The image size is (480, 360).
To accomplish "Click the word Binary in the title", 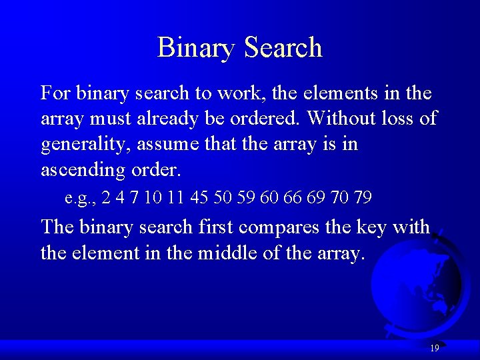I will [197, 48].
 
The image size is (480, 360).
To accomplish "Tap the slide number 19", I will [435, 348].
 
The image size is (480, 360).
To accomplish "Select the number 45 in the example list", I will [199, 198].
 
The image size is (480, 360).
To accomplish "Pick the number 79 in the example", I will [363, 198].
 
